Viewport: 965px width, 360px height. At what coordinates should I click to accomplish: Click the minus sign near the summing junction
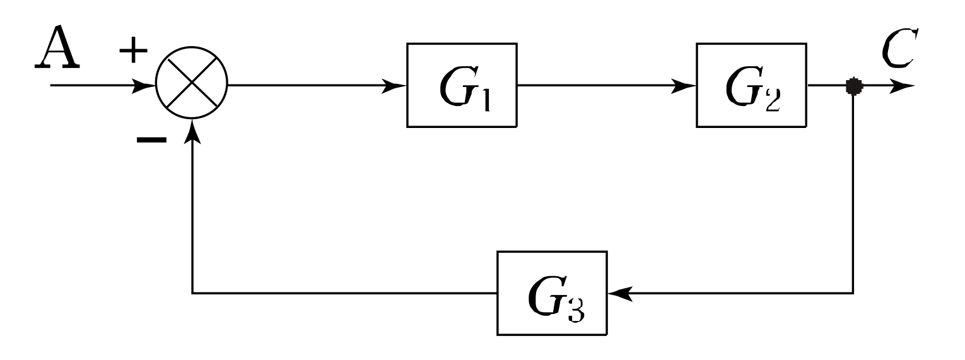(151, 140)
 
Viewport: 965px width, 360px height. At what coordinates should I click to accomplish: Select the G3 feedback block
(553, 293)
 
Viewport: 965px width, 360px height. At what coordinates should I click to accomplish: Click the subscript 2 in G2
(773, 100)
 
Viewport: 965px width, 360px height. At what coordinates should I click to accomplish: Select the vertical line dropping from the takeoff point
(854, 189)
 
